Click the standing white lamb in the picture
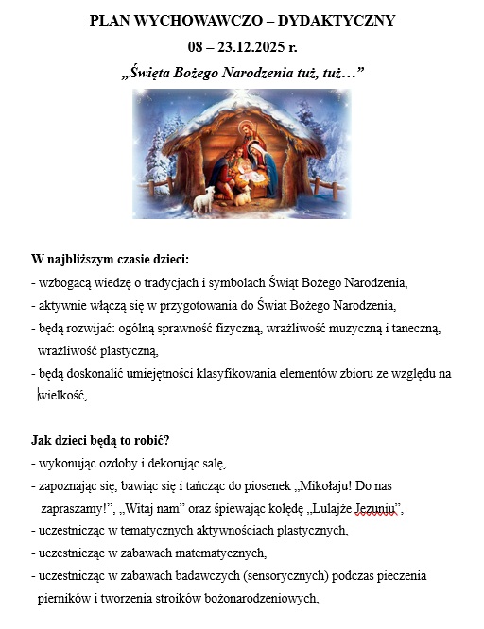(203, 200)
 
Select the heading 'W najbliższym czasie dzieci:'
(110, 260)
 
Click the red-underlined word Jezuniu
(376, 510)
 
